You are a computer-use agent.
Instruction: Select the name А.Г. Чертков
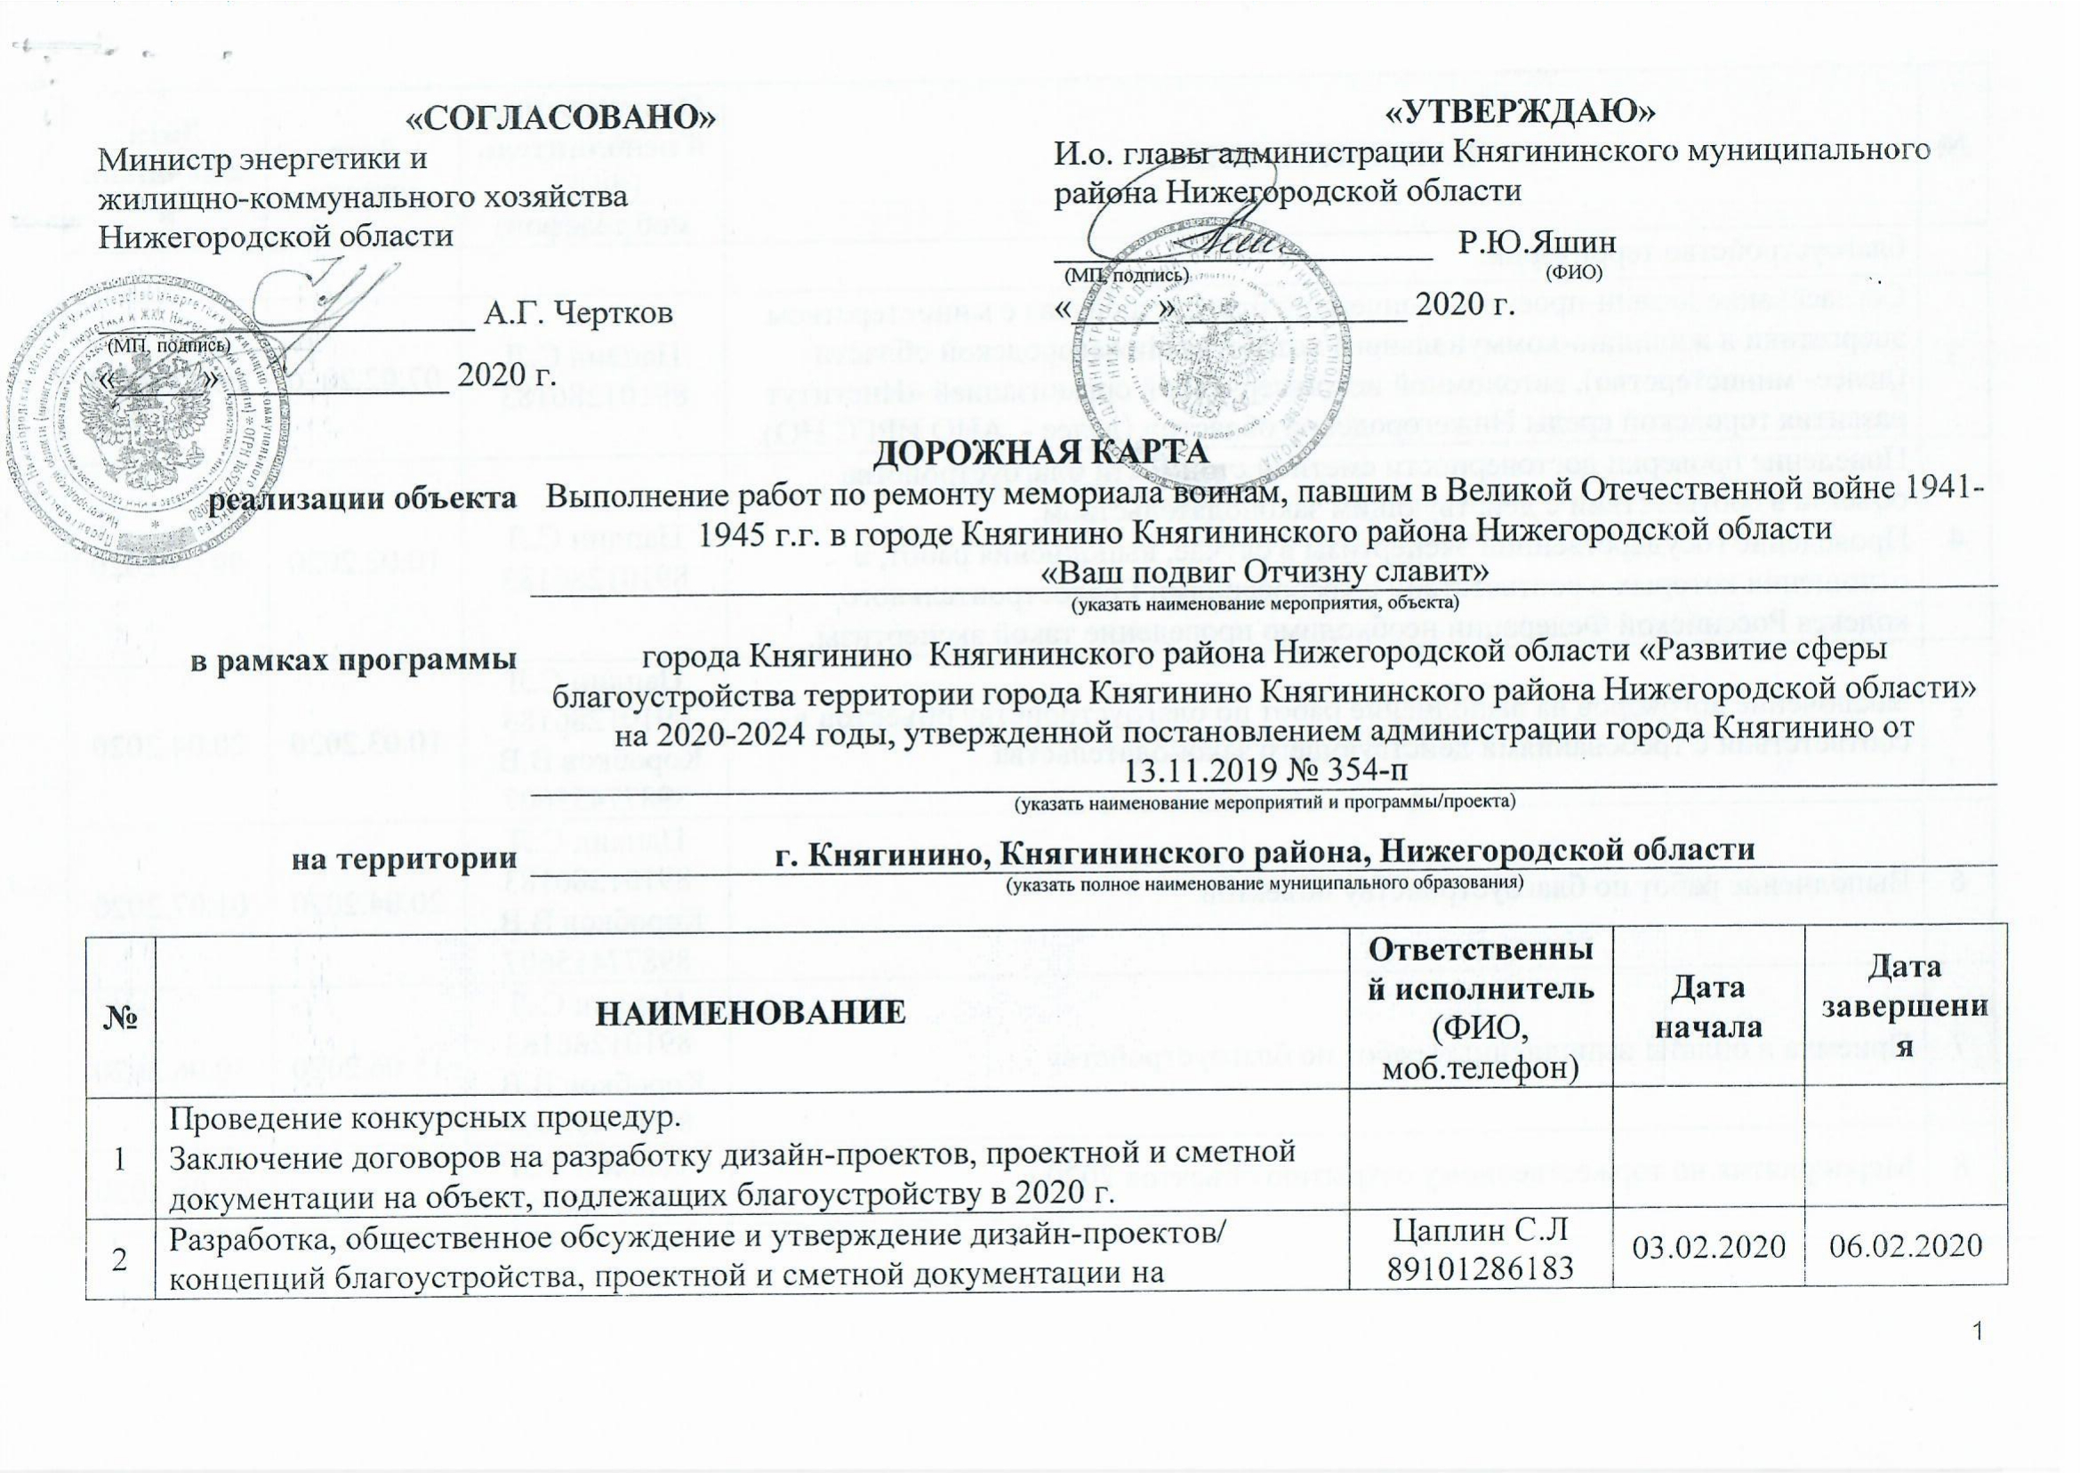click(581, 315)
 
